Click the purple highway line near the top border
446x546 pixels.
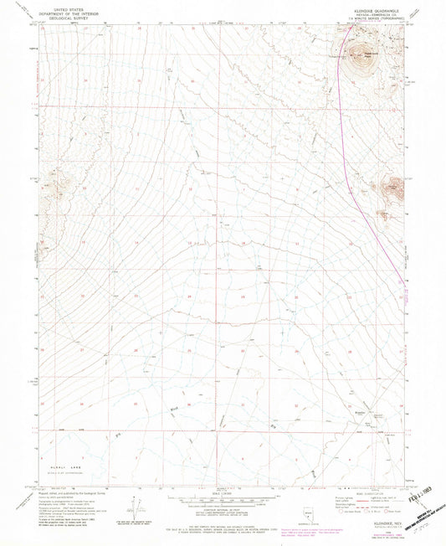[336, 33]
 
